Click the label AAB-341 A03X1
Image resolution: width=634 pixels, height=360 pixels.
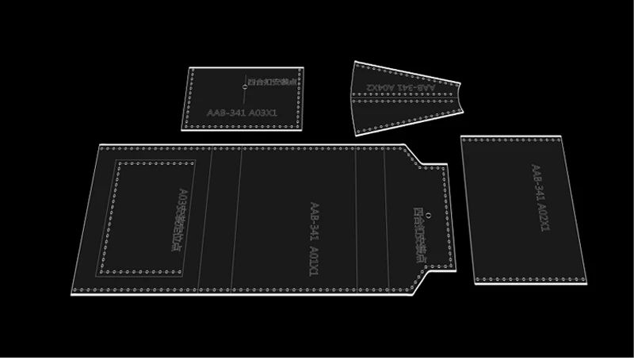242,113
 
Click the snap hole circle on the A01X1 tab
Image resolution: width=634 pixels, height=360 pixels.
428,216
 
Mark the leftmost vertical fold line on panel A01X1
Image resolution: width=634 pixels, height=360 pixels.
212,219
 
